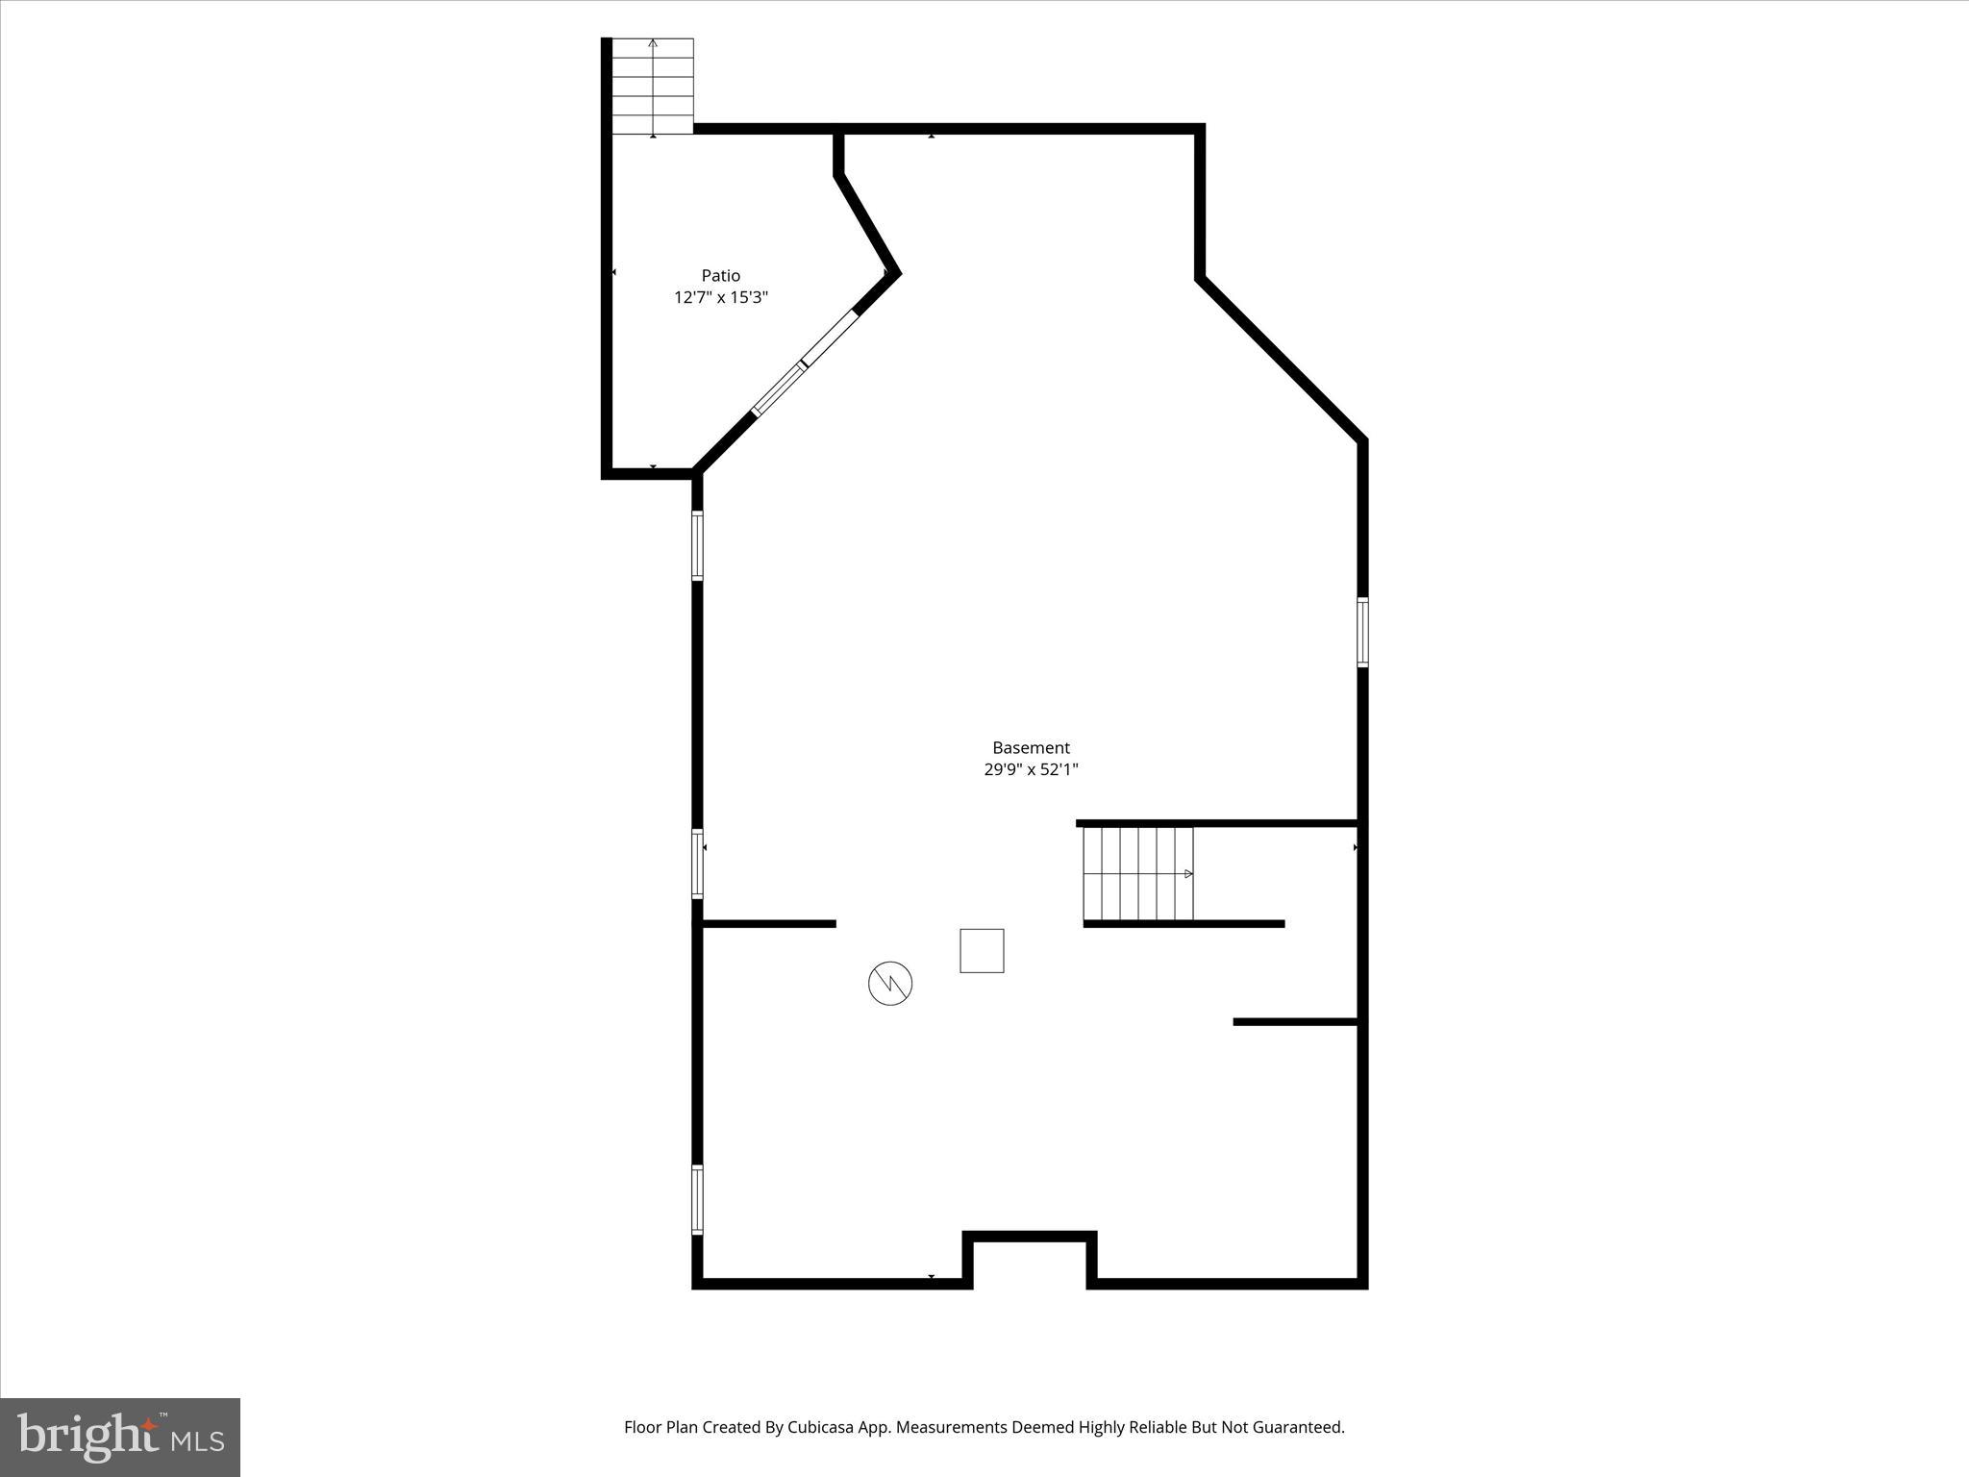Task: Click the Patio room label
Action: [x=720, y=276]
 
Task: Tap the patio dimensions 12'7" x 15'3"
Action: [x=720, y=298]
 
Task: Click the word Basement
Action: [x=1031, y=747]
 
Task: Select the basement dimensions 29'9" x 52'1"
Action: [x=1031, y=769]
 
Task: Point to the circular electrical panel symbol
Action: [x=890, y=984]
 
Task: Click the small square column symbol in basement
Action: [x=982, y=950]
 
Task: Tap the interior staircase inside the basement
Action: [x=1137, y=873]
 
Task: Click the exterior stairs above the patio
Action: [x=653, y=87]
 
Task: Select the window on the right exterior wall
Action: [x=1362, y=632]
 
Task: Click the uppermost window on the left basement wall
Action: [x=697, y=545]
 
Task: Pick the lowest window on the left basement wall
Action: [x=697, y=1199]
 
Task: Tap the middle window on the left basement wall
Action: [x=697, y=864]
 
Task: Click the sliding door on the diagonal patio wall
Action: [x=805, y=364]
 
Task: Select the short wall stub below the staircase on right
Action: [x=1295, y=1021]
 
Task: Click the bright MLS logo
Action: [x=120, y=1437]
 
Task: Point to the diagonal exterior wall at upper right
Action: [x=1282, y=359]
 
